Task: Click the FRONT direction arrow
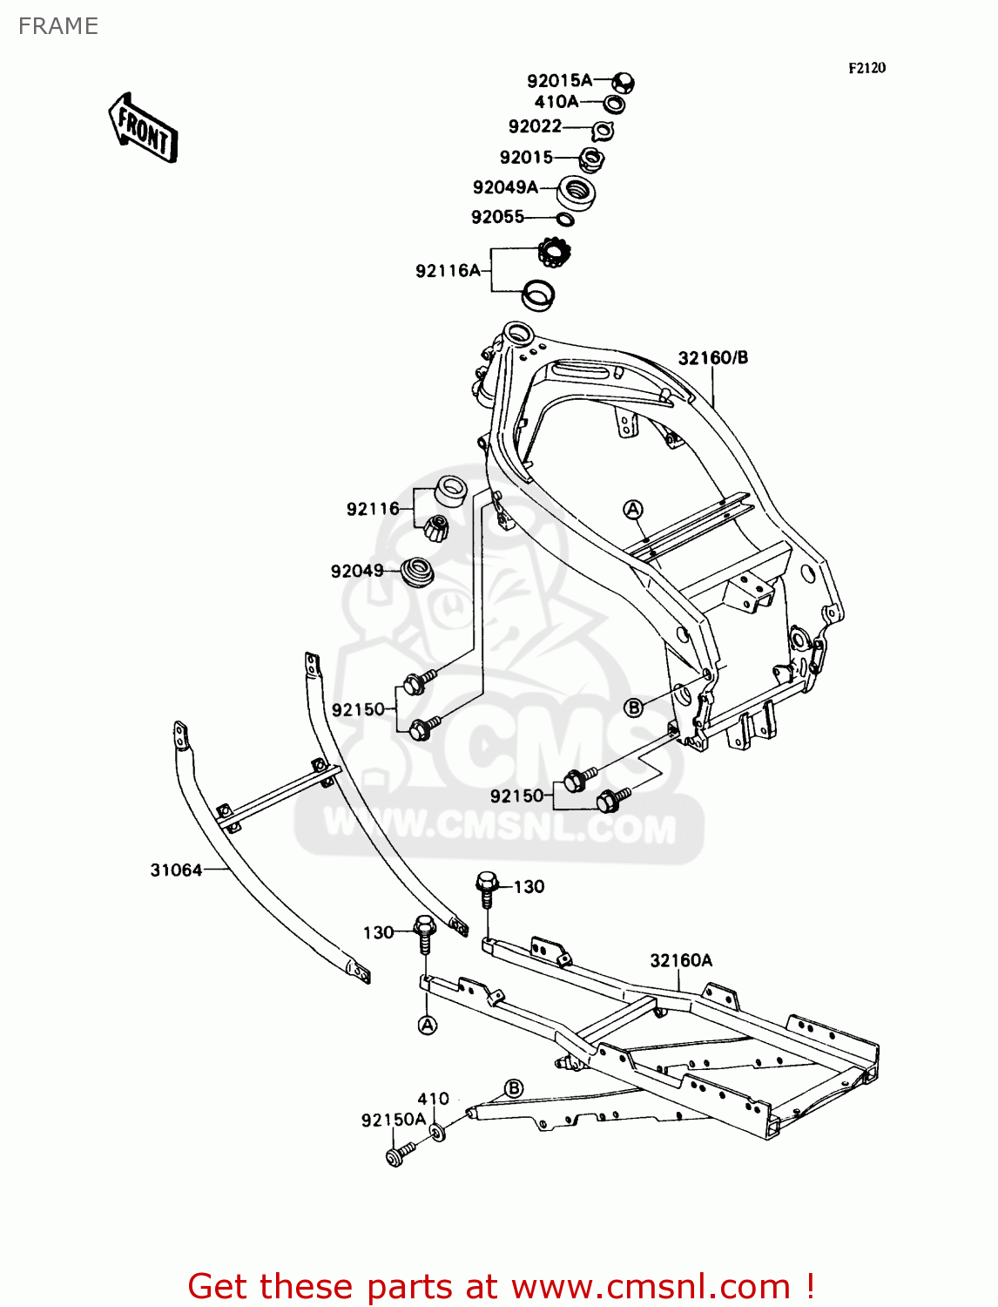click(143, 127)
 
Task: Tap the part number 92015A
click(559, 80)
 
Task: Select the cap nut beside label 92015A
click(623, 82)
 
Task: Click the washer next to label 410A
click(614, 105)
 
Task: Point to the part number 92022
click(535, 126)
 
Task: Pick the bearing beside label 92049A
click(576, 193)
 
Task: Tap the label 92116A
click(448, 271)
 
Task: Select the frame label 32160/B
click(713, 357)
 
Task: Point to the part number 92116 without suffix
click(373, 509)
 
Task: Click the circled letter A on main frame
click(633, 509)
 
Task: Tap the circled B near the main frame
click(634, 708)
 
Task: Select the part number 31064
click(176, 870)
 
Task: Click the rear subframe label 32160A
click(681, 960)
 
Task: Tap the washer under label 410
click(437, 1133)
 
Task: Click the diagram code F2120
click(867, 68)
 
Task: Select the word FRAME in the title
click(58, 26)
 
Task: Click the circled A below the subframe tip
click(428, 1025)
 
